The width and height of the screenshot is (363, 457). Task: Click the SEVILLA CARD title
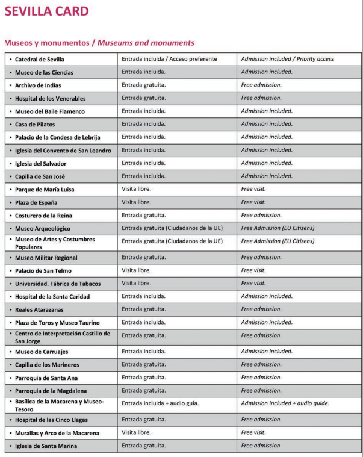(x=46, y=11)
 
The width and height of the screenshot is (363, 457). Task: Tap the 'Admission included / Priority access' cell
(x=287, y=59)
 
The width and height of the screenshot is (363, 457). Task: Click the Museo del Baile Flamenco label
(x=49, y=111)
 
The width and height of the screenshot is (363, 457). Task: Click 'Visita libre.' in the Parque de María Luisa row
(x=136, y=189)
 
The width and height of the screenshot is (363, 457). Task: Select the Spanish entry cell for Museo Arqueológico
(x=172, y=228)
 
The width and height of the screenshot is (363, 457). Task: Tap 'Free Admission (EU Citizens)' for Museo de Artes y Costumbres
(x=278, y=241)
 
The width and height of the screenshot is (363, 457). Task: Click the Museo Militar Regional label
(x=51, y=258)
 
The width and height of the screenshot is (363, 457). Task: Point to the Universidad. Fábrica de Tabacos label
(x=58, y=284)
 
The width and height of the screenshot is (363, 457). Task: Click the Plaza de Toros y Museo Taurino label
(x=57, y=323)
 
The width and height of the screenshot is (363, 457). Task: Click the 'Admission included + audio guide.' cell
(x=285, y=403)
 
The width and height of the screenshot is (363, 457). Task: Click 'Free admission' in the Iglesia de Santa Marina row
(x=260, y=446)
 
